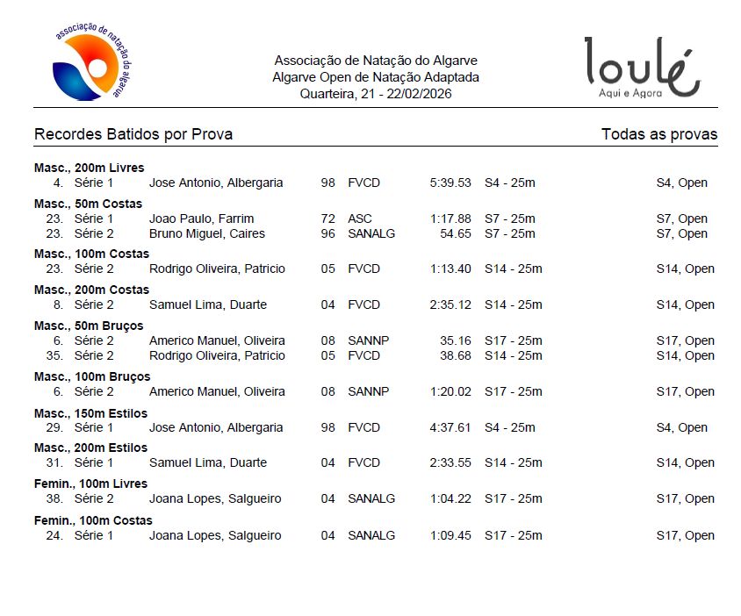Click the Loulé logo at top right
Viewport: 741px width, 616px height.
(643, 68)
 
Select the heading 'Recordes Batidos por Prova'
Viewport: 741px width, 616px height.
(133, 134)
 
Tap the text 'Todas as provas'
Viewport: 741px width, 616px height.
(659, 134)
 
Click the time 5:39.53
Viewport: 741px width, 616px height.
(450, 183)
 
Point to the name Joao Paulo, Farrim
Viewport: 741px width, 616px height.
(201, 218)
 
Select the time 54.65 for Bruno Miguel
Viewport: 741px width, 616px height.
(456, 233)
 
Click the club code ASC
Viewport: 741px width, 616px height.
(360, 218)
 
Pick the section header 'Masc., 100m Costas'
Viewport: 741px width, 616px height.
(91, 254)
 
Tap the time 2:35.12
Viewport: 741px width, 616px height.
(450, 304)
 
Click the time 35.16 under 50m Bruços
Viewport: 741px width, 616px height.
(456, 340)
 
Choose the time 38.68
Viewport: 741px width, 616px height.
(456, 355)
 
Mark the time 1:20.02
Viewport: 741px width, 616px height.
(450, 391)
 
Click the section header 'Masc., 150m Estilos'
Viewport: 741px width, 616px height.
(90, 412)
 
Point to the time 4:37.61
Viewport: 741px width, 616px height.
(450, 427)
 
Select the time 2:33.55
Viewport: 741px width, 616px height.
(450, 462)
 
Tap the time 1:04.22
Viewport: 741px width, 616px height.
(450, 498)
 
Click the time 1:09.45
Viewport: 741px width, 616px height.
(450, 535)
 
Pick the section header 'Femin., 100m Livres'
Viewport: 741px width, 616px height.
(90, 483)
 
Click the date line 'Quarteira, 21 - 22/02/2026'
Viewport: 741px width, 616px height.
(376, 93)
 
